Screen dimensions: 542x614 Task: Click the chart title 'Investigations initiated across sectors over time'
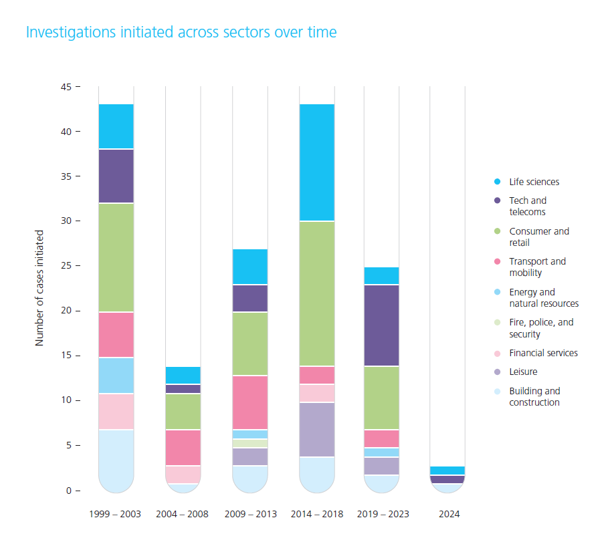tap(181, 32)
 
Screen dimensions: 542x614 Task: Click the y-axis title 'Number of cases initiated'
tap(39, 288)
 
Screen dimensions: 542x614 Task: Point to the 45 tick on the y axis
tap(66, 87)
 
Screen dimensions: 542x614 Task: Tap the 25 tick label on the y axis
tap(66, 266)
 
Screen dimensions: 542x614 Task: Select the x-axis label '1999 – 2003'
tap(116, 515)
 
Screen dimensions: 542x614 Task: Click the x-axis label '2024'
tap(447, 515)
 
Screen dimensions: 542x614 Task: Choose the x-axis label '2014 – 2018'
tap(317, 515)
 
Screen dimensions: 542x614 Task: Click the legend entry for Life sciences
tap(534, 182)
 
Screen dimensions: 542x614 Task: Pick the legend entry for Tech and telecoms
tap(528, 206)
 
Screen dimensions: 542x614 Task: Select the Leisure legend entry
tap(523, 372)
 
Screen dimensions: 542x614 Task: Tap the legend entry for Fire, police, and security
tap(541, 327)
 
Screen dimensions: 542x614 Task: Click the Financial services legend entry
tap(543, 353)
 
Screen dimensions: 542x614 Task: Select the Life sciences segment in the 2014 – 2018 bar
tap(317, 162)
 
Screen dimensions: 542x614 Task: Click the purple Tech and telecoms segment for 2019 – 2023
tap(382, 325)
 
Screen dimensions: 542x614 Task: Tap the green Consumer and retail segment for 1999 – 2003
tap(116, 257)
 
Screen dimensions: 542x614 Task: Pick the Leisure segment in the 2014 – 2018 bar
tap(317, 430)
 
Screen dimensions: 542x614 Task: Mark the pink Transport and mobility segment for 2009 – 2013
tap(250, 402)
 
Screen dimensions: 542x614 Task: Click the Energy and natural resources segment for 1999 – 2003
tap(116, 376)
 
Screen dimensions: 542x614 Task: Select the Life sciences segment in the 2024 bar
tap(447, 470)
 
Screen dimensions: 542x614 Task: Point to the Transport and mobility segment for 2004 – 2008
tap(183, 447)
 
